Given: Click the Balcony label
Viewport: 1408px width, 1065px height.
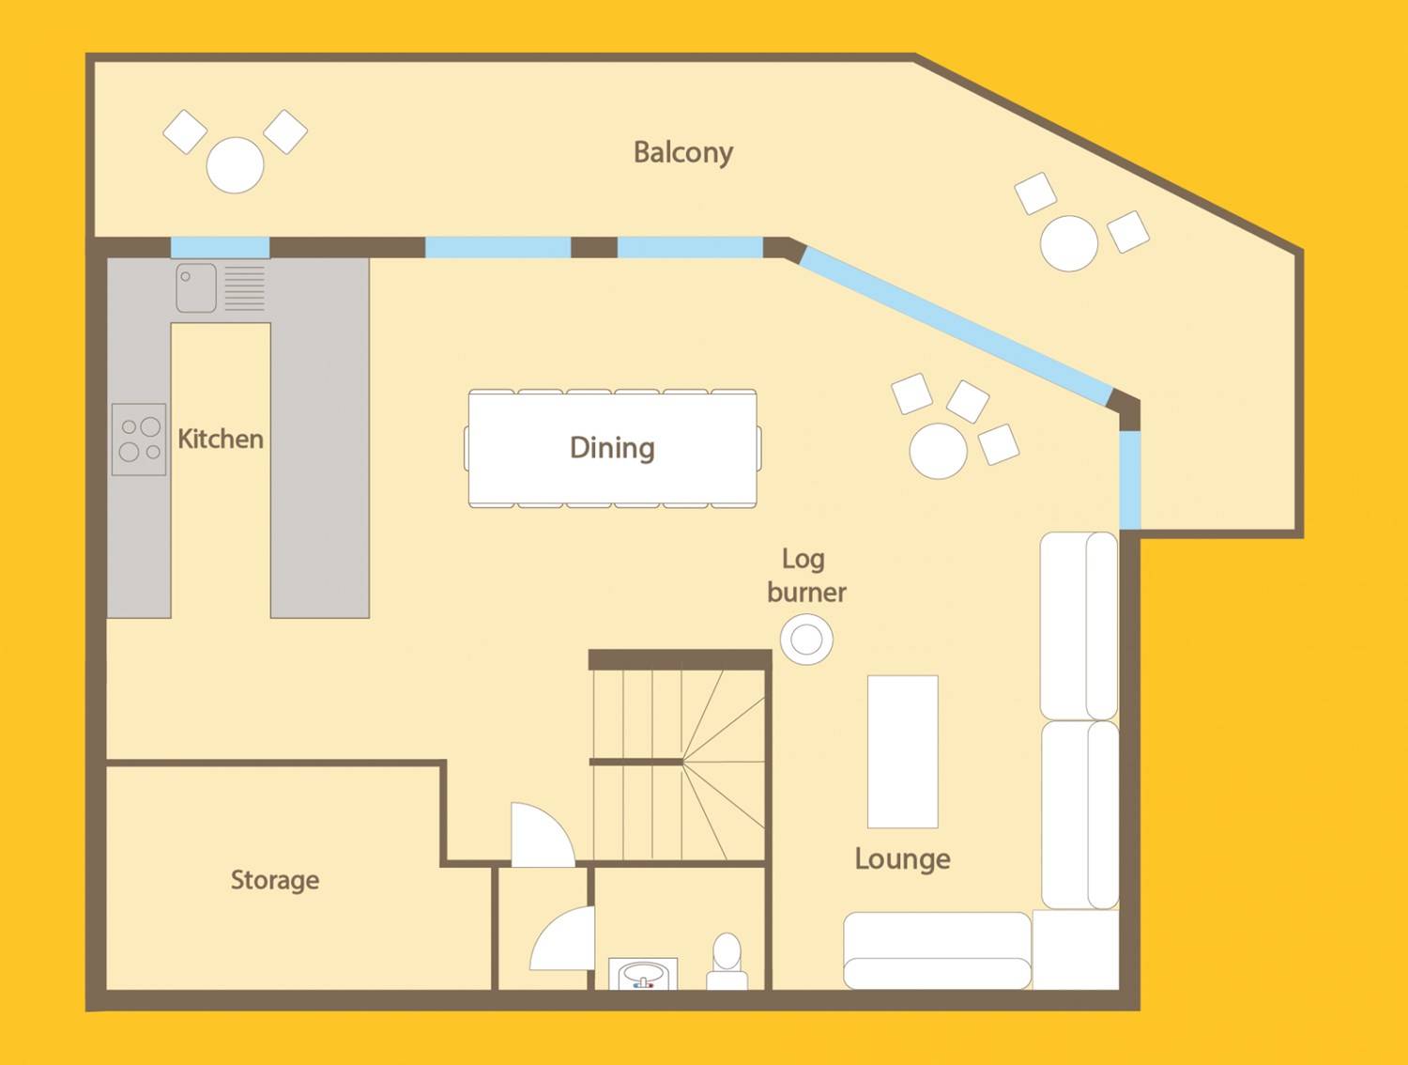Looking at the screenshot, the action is (683, 153).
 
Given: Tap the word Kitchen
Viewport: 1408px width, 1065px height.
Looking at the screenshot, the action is (221, 439).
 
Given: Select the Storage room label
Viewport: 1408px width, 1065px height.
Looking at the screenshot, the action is (275, 880).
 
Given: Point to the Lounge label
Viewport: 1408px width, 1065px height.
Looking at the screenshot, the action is (903, 859).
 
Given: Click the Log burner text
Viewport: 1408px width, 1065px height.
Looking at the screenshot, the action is (806, 576).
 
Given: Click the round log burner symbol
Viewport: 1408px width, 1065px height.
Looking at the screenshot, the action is (806, 639).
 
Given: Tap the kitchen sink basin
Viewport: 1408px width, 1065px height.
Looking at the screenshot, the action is (196, 288).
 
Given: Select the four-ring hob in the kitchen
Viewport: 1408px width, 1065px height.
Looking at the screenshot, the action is (139, 440).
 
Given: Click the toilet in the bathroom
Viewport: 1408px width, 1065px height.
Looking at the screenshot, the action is (727, 961).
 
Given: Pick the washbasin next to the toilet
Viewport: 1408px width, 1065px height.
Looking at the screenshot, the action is (643, 974).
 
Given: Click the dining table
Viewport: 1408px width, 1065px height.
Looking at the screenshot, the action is (613, 449).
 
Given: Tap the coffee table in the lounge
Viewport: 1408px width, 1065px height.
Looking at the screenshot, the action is (903, 751).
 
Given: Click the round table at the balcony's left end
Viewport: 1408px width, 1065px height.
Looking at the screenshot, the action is (235, 165).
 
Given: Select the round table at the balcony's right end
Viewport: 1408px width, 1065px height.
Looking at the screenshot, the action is (1068, 244).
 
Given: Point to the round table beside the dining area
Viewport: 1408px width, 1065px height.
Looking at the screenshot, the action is (938, 451).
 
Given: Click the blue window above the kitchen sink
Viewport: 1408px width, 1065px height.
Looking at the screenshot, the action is (220, 247).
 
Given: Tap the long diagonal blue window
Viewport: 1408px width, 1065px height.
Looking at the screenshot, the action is (956, 326).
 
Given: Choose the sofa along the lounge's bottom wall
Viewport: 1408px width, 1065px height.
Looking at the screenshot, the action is (937, 950).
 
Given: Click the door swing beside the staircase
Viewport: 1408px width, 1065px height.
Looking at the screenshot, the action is (543, 835).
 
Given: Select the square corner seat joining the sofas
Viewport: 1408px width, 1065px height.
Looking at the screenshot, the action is (1076, 950).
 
